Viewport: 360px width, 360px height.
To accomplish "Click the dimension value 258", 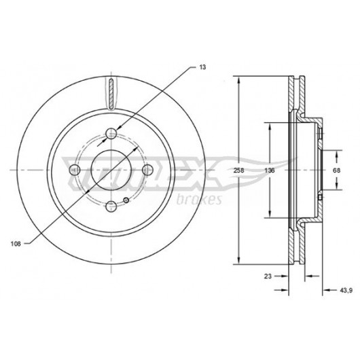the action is pos(238,170).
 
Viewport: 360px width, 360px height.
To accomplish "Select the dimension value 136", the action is pos(270,170).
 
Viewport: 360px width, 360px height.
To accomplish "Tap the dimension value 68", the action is pos(337,170).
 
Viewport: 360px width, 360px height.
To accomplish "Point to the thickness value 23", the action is pos(268,276).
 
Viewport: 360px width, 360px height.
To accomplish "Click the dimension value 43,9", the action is pos(346,291).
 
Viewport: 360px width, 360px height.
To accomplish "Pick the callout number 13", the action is pos(202,67).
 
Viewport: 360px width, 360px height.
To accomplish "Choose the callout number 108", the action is pos(16,244).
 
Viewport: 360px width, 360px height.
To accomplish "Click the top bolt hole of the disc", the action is pos(111,133).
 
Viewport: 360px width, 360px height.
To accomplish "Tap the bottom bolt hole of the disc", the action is pos(111,206).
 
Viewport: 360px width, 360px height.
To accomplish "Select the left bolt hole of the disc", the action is pos(75,170).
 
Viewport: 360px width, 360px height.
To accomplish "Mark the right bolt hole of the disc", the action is pos(147,170).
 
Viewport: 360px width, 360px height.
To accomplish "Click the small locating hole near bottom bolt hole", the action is pos(126,200).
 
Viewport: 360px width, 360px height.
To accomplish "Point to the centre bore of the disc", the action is pos(111,170).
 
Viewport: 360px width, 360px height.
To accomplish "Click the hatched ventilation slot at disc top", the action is pos(111,94).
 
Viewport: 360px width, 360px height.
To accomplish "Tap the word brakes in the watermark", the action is pos(199,199).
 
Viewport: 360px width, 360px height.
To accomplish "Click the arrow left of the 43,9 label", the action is pos(327,290).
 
